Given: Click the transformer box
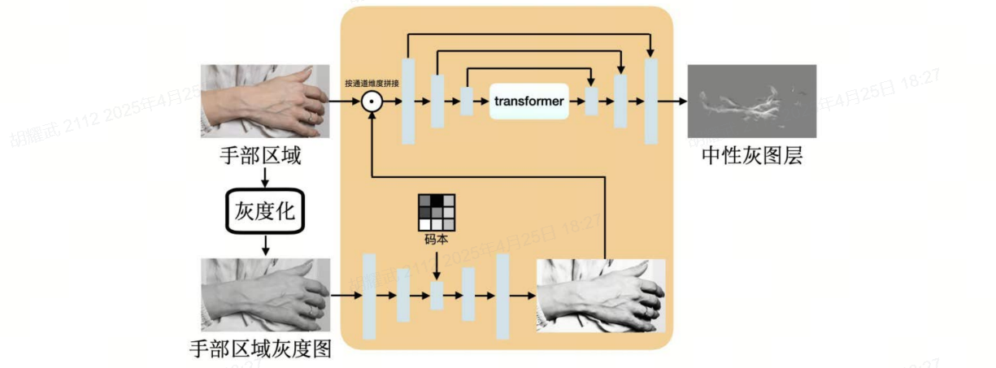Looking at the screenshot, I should click(528, 101).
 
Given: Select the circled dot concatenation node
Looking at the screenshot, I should click(371, 102).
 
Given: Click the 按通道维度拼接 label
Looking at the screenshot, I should click(372, 83).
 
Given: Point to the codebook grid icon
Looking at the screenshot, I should click(437, 212).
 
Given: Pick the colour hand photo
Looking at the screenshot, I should click(265, 101).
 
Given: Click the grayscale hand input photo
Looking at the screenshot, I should click(265, 294).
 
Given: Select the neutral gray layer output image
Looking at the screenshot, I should click(752, 101).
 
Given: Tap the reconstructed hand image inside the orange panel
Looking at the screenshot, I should click(600, 295).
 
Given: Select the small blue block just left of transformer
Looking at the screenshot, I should click(467, 102).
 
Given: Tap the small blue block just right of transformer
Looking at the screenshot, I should click(592, 102).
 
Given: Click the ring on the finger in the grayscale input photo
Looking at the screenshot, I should click(313, 311).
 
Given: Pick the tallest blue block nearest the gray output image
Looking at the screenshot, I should click(650, 102).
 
